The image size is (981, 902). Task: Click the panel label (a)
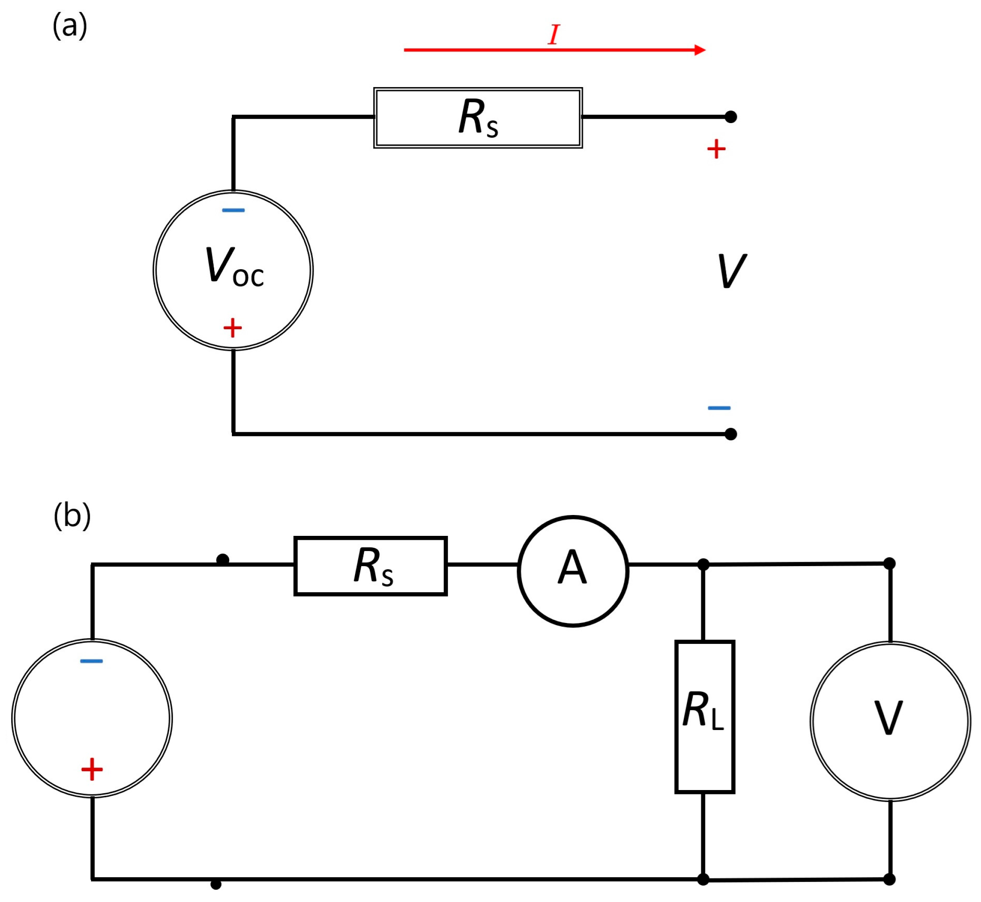[x=70, y=25]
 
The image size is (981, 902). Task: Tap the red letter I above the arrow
[x=554, y=35]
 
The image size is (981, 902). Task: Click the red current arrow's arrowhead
[x=700, y=50]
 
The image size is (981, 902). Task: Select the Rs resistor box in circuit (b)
[x=371, y=566]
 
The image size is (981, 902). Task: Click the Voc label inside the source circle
[x=234, y=267]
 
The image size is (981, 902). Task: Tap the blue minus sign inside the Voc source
[x=233, y=210]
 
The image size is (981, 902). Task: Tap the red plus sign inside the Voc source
[x=233, y=327]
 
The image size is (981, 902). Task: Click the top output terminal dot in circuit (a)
[x=730, y=117]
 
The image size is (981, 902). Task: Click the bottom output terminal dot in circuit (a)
[x=730, y=434]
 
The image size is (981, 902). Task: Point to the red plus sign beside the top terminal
[x=716, y=149]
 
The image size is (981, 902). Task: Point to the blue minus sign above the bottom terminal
[x=719, y=407]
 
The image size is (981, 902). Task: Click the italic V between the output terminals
[x=732, y=271]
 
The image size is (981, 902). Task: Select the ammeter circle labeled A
[x=573, y=571]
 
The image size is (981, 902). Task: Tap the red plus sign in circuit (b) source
[x=92, y=770]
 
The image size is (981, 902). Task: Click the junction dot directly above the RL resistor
[x=703, y=565]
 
